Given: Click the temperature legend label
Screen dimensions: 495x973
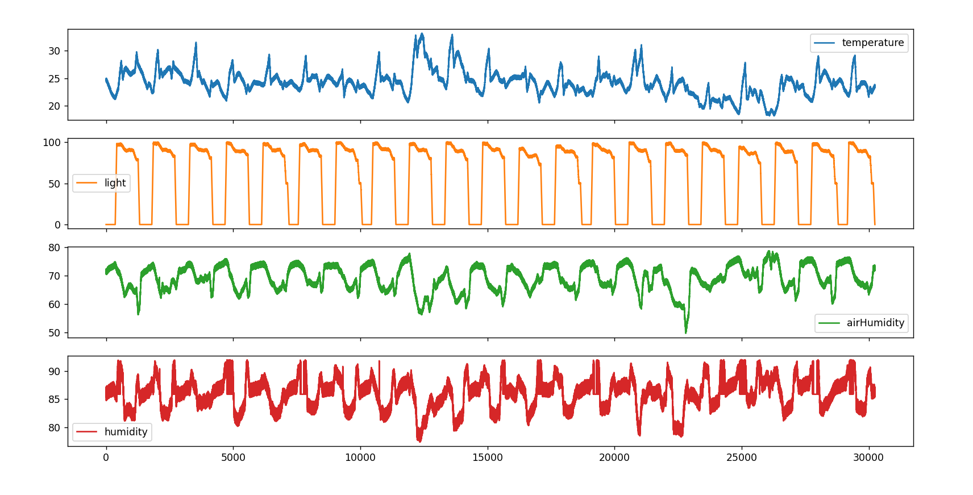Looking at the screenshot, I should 872,43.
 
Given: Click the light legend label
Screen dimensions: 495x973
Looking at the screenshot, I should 115,183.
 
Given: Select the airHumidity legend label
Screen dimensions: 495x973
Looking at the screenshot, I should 875,323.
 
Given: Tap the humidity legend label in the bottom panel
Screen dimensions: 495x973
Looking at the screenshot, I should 126,432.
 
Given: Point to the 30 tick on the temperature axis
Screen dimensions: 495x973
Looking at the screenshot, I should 54,51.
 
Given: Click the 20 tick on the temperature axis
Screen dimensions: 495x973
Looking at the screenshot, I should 54,106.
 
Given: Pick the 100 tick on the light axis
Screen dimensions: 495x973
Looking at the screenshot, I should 52,143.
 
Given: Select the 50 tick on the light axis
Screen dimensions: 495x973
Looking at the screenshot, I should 54,184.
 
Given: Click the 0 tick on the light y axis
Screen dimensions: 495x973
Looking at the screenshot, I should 57,225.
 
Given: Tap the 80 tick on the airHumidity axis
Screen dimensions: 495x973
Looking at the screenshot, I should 54,248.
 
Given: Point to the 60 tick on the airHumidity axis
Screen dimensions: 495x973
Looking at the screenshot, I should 54,305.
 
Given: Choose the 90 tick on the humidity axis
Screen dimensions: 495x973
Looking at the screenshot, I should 54,372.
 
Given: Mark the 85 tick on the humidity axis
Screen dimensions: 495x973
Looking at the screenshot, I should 54,400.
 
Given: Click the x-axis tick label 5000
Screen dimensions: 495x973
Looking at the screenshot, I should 233,457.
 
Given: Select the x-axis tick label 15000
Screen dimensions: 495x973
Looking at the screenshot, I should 488,457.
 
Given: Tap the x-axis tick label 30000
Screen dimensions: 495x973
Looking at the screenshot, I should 868,457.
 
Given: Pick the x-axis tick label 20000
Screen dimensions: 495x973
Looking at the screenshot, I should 614,457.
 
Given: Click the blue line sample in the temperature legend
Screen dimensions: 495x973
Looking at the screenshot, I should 824,43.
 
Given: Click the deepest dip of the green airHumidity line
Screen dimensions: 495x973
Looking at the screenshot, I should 686,332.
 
